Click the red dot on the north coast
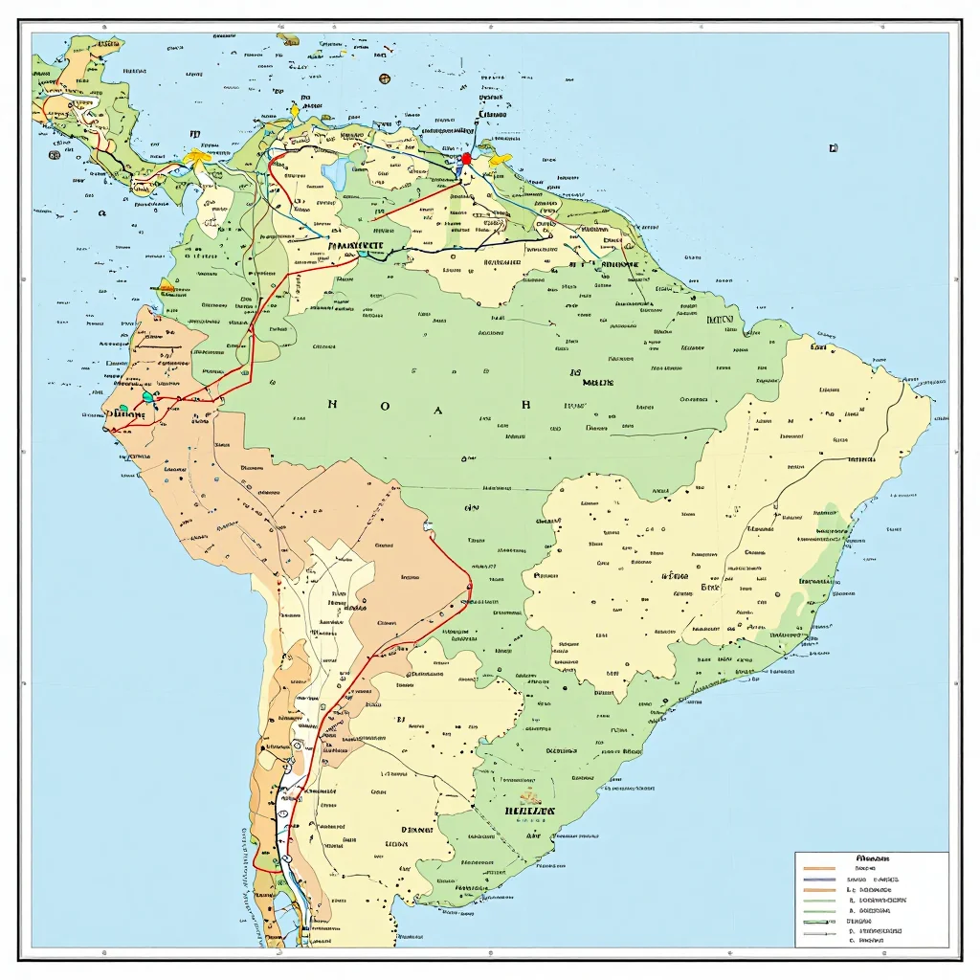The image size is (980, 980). (x=466, y=159)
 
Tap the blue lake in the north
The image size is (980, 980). (x=337, y=172)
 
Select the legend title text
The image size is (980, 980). (x=873, y=858)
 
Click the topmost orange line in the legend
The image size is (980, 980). (x=819, y=868)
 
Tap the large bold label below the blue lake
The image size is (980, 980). (x=354, y=245)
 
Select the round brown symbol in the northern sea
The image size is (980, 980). (x=384, y=78)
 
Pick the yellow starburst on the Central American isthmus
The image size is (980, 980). (x=197, y=157)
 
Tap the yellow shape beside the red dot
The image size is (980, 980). (x=500, y=160)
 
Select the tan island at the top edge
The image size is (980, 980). (x=287, y=39)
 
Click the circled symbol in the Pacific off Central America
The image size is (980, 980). (x=55, y=155)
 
